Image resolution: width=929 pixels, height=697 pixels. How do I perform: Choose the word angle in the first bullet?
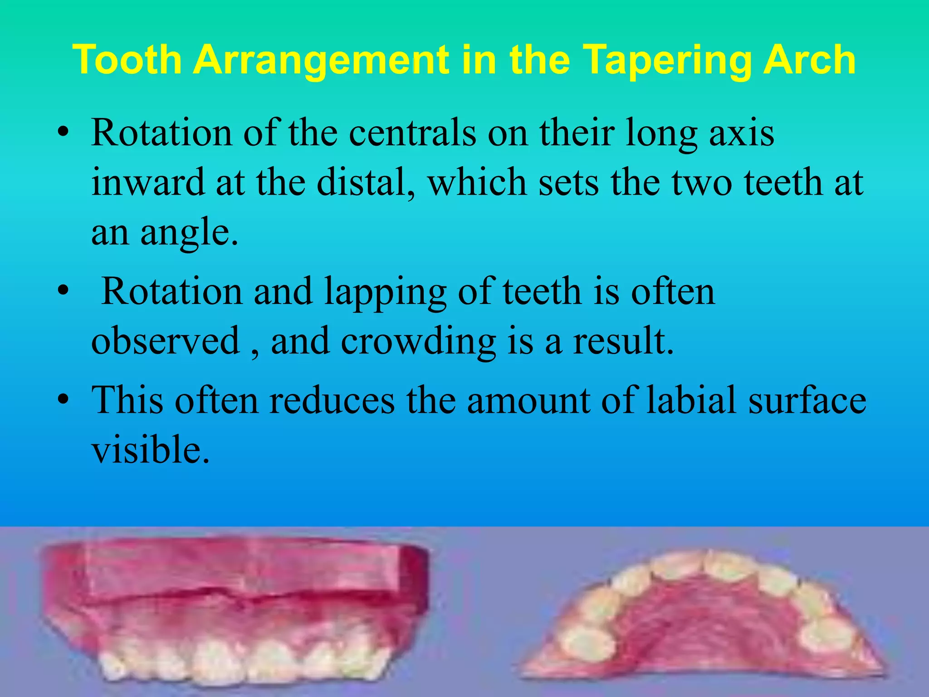click(x=189, y=232)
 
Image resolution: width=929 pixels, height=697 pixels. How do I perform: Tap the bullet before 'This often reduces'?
click(x=63, y=400)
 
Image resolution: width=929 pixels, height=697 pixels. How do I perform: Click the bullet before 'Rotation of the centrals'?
click(x=63, y=133)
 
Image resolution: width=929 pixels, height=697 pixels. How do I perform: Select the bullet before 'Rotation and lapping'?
click(x=63, y=292)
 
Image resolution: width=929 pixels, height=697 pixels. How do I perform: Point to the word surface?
click(x=807, y=400)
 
